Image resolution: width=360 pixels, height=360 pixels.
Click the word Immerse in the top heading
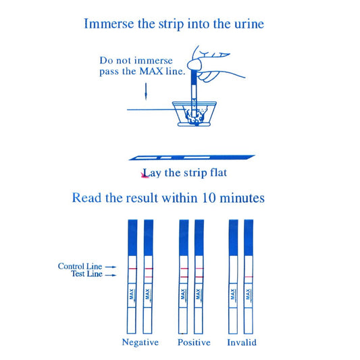pyautogui.click(x=109, y=24)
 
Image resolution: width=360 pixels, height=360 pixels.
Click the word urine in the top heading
pyautogui.click(x=249, y=24)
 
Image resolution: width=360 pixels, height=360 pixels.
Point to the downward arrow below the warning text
pyautogui.click(x=146, y=92)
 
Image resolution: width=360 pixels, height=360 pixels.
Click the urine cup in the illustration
pyautogui.click(x=195, y=114)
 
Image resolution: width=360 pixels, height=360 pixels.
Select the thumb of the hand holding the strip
pyautogui.click(x=195, y=63)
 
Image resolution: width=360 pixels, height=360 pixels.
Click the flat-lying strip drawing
pyautogui.click(x=192, y=157)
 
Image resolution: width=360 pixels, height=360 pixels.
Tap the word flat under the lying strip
pyautogui.click(x=218, y=173)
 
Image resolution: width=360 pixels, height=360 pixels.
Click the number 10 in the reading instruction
pyautogui.click(x=209, y=197)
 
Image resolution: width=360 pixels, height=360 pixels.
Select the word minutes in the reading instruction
pyautogui.click(x=242, y=198)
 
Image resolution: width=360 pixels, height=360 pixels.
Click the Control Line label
pyautogui.click(x=80, y=266)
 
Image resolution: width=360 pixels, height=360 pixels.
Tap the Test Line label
pyautogui.click(x=86, y=274)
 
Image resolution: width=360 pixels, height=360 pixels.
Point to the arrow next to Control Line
pyautogui.click(x=111, y=267)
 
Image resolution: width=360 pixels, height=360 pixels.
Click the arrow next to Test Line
pyautogui.click(x=111, y=275)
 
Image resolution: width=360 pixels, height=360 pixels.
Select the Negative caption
pyautogui.click(x=140, y=342)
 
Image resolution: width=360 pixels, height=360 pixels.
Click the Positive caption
pyautogui.click(x=194, y=342)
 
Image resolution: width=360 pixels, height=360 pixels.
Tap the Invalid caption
pyautogui.click(x=242, y=342)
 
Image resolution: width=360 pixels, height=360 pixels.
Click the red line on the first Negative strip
pyautogui.click(x=132, y=268)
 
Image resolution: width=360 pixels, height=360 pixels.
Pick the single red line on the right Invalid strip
pyautogui.click(x=249, y=277)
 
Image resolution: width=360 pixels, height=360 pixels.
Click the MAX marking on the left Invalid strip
pyautogui.click(x=233, y=294)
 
